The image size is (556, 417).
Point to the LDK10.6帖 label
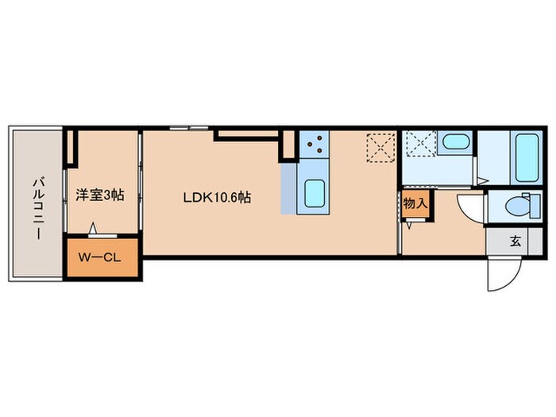click(218, 197)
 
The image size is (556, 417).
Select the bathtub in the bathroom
click(527, 156)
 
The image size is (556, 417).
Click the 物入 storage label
click(415, 203)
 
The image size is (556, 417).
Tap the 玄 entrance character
click(515, 241)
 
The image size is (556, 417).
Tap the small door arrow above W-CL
click(93, 230)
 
